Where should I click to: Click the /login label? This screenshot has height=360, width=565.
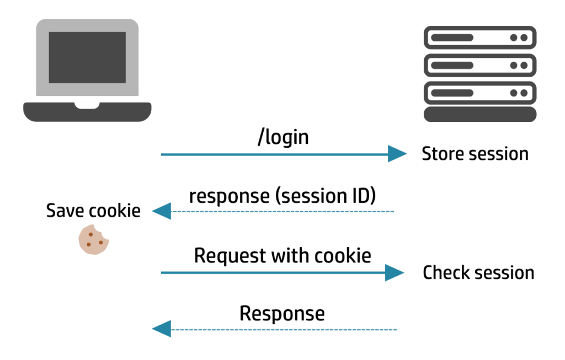tap(282, 137)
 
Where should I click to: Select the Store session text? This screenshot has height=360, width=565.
tap(475, 154)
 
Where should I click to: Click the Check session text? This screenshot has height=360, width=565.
tap(478, 272)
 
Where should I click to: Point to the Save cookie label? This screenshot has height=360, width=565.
tap(93, 210)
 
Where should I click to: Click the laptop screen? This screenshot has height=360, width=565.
tap(87, 57)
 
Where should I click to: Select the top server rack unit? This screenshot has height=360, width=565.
tap(479, 38)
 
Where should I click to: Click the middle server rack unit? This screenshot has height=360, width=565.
tap(479, 66)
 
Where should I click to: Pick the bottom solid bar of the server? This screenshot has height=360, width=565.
tap(479, 114)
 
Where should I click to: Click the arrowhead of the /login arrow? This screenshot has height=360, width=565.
tap(397, 154)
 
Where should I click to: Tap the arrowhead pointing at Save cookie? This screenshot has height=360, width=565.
tap(161, 211)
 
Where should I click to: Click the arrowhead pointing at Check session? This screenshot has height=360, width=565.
tap(395, 272)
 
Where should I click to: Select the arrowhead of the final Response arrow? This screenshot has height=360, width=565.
tap(161, 330)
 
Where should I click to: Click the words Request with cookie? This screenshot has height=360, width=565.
tap(282, 256)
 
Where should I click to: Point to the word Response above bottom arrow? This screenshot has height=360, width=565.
tap(282, 314)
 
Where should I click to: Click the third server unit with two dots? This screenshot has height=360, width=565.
tap(479, 93)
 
